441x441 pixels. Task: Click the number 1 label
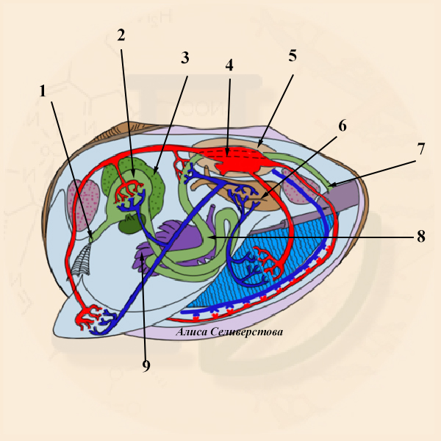43,91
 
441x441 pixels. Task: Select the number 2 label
121,35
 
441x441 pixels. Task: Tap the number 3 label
184,57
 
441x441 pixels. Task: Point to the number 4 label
229,65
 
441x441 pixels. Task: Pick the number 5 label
293,55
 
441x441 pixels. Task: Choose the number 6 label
343,126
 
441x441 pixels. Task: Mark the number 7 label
420,148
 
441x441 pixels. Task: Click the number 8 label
420,236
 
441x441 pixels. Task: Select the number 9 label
146,365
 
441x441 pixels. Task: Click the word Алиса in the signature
192,332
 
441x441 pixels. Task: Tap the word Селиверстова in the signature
247,332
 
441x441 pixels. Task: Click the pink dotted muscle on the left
84,204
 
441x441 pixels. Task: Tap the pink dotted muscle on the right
301,186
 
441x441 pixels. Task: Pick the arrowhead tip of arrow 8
209,237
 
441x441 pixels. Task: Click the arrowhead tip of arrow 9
143,252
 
